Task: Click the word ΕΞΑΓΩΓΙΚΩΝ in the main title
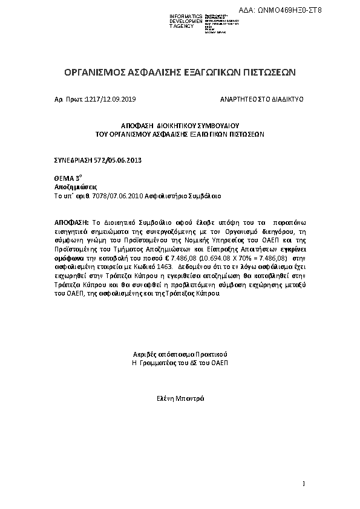pyautogui.click(x=215, y=72)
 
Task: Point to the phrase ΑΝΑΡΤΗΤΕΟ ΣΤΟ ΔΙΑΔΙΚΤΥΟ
pyautogui.click(x=262, y=98)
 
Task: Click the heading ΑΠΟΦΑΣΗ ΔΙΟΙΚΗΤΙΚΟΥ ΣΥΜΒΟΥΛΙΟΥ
pyautogui.click(x=180, y=123)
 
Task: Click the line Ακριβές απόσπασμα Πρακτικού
pyautogui.click(x=180, y=354)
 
